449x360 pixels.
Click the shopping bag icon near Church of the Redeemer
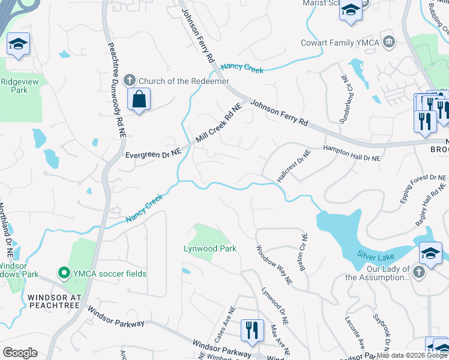point(139,100)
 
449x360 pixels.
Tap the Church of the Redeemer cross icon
point(128,81)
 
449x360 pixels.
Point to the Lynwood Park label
point(210,248)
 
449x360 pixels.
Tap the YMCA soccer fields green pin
point(64,274)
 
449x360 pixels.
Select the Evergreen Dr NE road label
point(153,154)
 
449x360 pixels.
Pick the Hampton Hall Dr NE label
point(352,154)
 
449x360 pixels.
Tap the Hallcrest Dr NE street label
point(294,166)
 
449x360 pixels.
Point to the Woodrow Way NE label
point(274,265)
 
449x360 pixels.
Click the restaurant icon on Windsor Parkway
point(251,330)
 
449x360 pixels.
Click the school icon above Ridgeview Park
point(19,44)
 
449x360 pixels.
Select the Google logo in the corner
point(20,353)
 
